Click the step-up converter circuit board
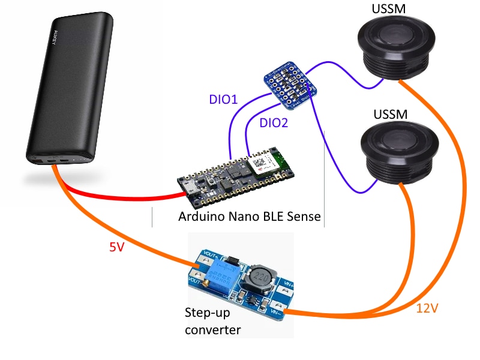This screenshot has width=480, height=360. click(x=240, y=283)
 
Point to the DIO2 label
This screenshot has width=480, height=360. click(x=274, y=123)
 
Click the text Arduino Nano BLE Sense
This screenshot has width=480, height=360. click(x=249, y=216)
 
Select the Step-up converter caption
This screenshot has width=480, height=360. click(x=213, y=322)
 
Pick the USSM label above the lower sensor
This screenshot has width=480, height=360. click(x=391, y=113)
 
